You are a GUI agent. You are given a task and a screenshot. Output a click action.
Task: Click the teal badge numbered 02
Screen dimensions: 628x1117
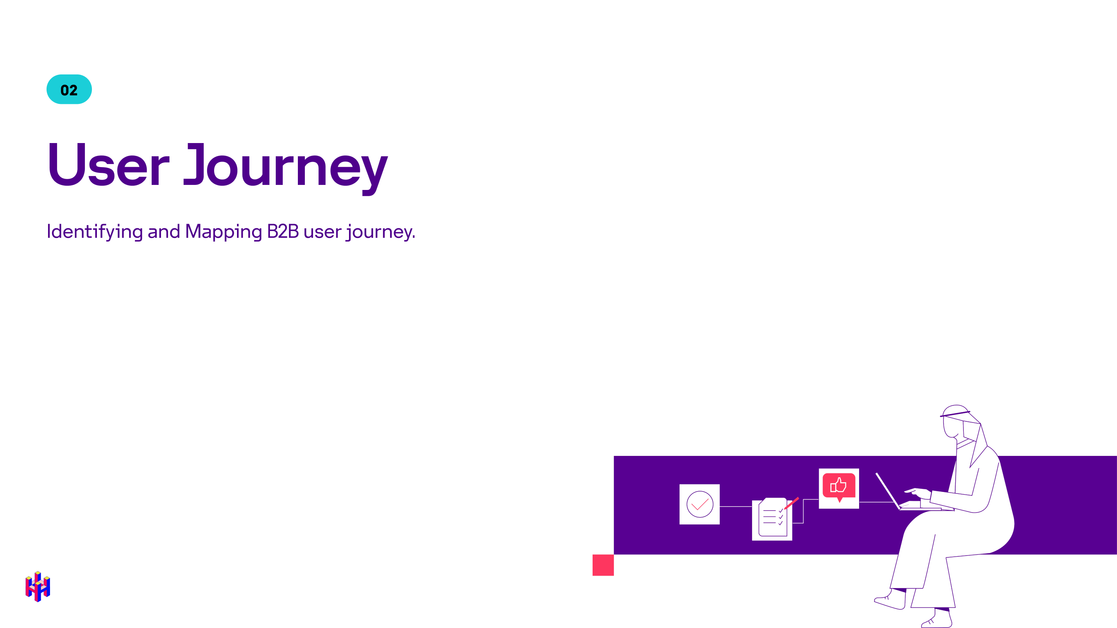pos(69,89)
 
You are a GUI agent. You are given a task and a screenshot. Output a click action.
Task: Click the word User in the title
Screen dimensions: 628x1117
pos(109,165)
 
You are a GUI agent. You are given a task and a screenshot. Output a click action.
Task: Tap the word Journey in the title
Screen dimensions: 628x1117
pos(286,167)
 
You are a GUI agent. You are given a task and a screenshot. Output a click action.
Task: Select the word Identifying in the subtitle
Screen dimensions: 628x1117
pos(95,231)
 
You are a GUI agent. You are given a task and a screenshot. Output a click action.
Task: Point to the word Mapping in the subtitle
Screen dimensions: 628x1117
pos(223,231)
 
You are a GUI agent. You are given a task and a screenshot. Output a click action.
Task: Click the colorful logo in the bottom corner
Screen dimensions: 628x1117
pos(38,587)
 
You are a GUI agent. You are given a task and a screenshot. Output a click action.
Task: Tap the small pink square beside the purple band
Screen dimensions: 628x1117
pos(603,565)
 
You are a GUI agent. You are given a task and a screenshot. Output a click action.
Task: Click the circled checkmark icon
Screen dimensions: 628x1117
pos(699,504)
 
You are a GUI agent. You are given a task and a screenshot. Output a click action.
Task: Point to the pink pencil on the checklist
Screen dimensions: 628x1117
pos(792,503)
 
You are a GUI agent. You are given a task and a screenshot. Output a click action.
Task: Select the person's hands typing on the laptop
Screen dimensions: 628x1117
pos(917,492)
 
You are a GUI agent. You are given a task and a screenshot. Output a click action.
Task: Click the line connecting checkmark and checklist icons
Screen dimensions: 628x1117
pos(735,506)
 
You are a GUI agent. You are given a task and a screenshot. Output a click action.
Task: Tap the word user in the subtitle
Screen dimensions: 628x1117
pos(322,232)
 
